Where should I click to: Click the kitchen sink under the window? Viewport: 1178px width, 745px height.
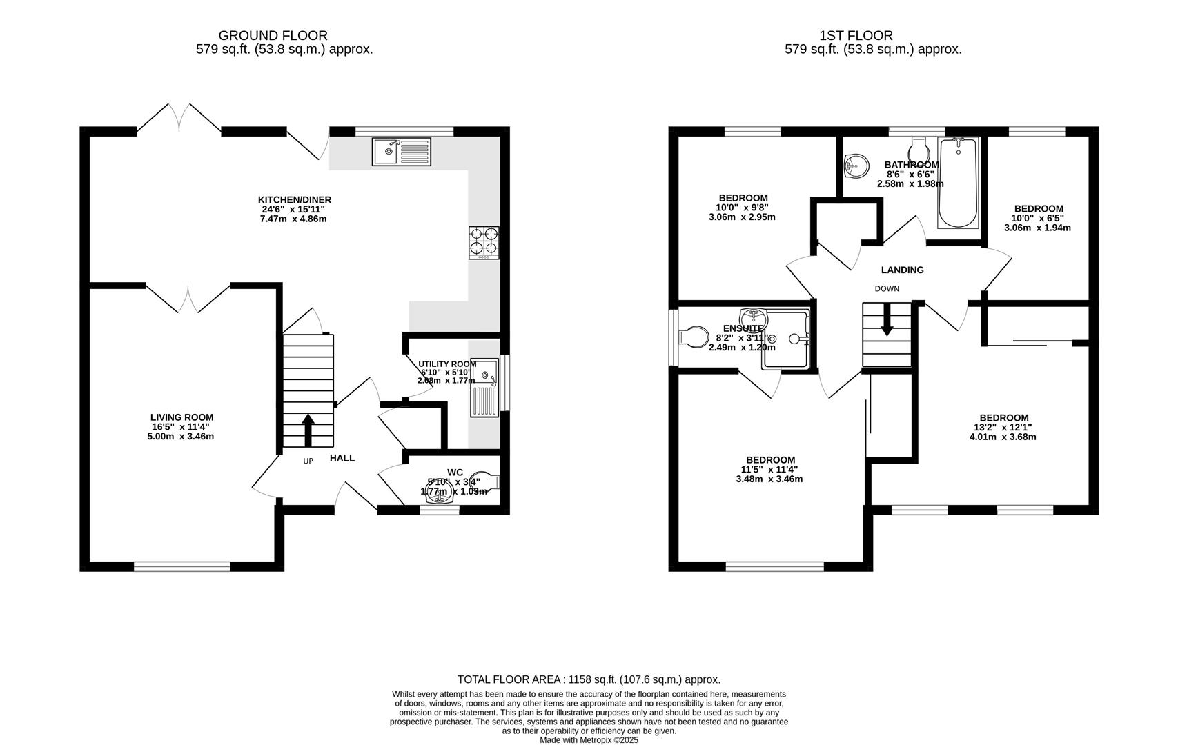(x=401, y=152)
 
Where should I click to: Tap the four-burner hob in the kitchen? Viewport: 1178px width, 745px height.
(x=484, y=242)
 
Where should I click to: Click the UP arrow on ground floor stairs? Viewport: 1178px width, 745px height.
(x=308, y=429)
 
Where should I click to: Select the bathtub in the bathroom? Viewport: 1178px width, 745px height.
(x=958, y=183)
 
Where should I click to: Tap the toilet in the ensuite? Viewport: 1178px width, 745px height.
(x=694, y=337)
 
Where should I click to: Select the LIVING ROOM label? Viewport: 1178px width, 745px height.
(x=181, y=417)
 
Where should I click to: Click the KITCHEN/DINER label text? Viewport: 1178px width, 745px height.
(x=295, y=200)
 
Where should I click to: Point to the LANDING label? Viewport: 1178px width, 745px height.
(x=902, y=270)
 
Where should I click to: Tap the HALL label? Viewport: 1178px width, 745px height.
(x=342, y=458)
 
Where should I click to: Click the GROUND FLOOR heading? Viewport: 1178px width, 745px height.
(x=273, y=35)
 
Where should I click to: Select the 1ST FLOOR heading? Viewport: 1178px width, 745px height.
(x=856, y=35)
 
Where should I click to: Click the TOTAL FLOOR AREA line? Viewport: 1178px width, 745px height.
(x=589, y=679)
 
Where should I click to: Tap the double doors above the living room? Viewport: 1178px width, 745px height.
(x=187, y=298)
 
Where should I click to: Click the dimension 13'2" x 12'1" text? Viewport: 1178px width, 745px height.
(x=1003, y=427)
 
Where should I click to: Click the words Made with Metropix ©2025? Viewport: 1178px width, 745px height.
(x=589, y=739)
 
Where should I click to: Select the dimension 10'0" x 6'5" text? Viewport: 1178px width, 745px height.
(x=1037, y=218)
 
